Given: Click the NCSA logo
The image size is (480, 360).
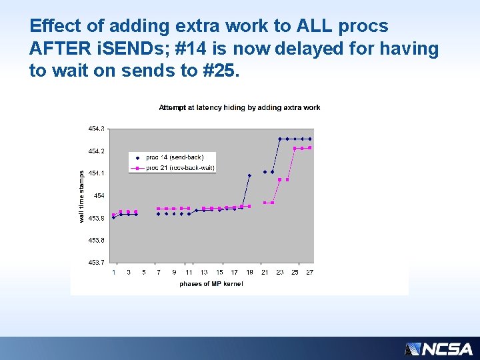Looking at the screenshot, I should point(439,349).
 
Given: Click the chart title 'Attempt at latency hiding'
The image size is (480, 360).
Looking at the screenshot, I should point(239,107).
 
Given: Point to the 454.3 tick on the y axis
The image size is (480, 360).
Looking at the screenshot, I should point(96,128).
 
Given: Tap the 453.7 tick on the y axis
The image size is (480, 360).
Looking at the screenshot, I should point(96,263).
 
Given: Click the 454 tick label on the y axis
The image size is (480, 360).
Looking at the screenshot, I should point(99,195).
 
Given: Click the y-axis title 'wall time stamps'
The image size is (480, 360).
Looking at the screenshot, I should point(82,196).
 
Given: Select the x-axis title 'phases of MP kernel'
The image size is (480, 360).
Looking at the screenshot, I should point(211,284).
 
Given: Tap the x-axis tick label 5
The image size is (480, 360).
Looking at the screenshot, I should point(144,272).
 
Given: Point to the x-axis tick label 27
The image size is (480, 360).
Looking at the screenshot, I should point(310,272).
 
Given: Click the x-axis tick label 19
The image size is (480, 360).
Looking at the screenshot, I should point(249,272).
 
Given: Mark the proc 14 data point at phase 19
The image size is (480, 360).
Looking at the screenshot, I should point(249,176).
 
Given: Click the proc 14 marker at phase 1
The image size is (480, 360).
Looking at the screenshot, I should point(113,217).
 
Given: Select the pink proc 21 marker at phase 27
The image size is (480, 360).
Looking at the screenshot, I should point(310,148).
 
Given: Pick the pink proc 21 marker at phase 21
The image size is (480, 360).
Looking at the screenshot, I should point(265,203).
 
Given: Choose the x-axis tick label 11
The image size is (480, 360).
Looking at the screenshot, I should point(189,272).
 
